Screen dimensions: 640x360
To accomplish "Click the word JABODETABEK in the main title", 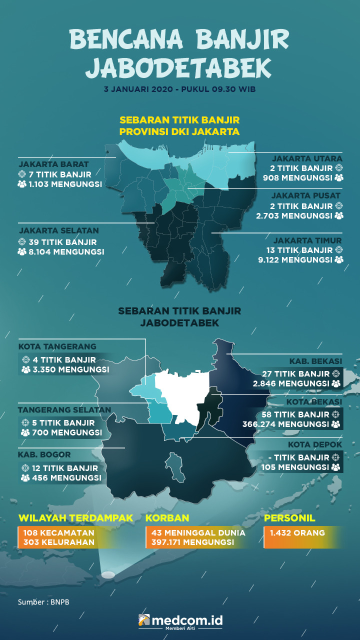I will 179,67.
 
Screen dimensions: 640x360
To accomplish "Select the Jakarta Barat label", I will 53,164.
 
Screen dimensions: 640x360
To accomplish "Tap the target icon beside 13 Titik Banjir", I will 338,249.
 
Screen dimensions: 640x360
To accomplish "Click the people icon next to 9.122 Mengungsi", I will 339,259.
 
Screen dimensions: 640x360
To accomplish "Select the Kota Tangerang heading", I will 57,346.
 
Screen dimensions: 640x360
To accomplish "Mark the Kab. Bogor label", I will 44,454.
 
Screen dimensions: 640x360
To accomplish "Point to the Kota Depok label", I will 315,444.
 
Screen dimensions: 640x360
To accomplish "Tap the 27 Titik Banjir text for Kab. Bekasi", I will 296,373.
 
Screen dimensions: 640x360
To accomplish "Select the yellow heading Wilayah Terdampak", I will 75,518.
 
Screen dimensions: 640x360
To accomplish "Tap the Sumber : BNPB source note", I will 43,602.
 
